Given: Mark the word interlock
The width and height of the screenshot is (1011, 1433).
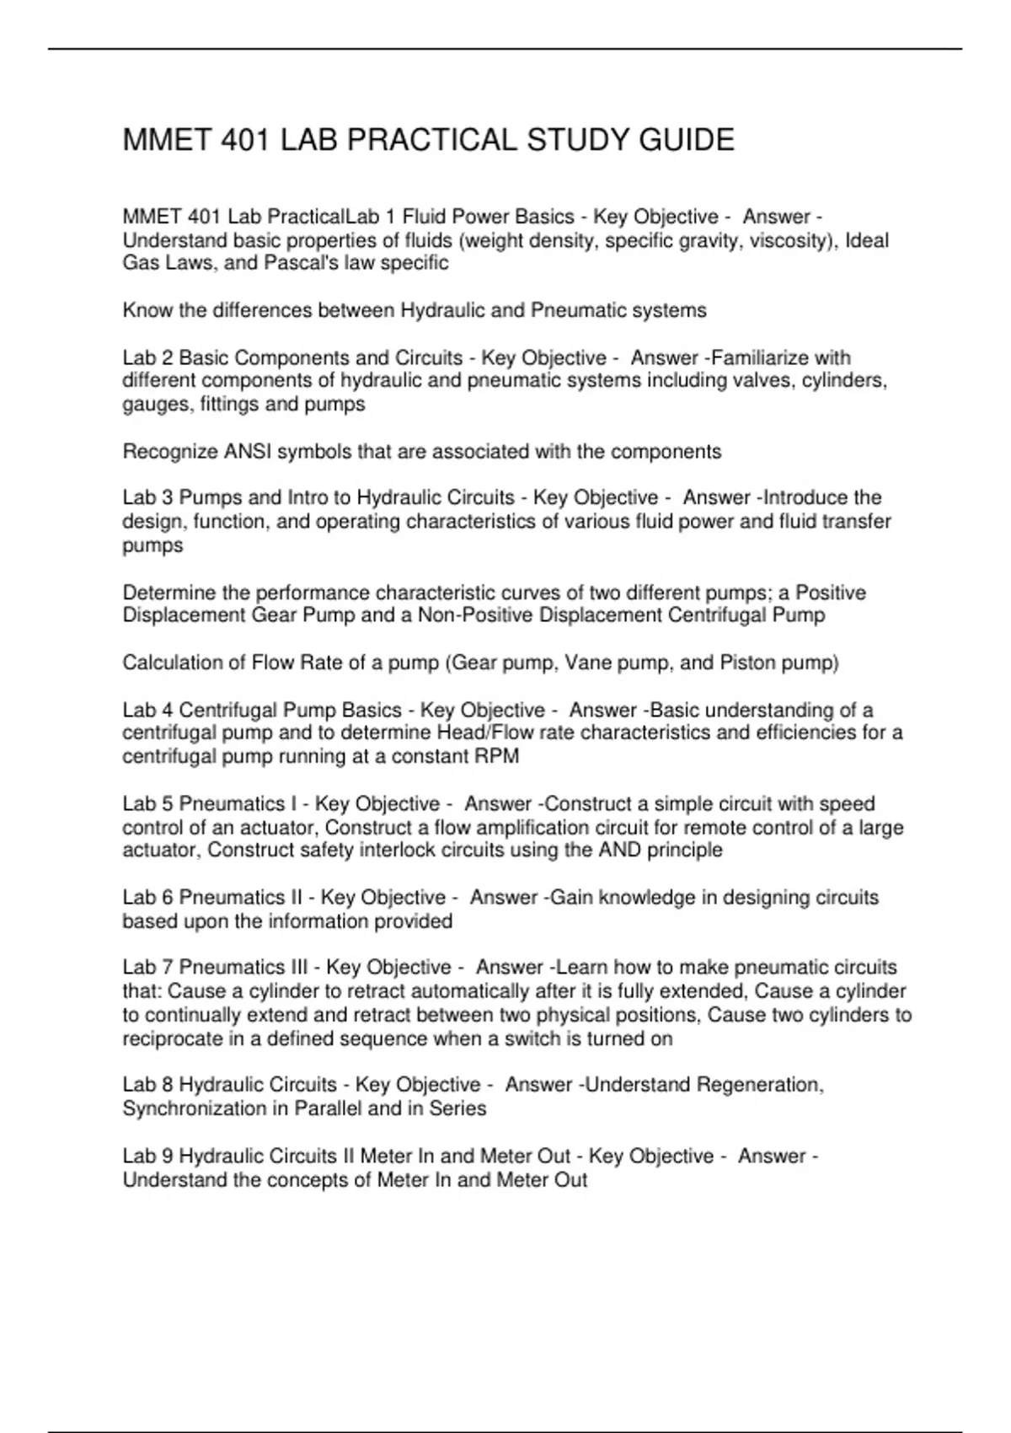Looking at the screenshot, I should point(399,850).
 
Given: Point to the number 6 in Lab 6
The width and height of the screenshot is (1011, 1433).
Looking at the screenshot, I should point(167,898).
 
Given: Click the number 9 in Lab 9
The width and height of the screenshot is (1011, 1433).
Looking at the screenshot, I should point(167,1156).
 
